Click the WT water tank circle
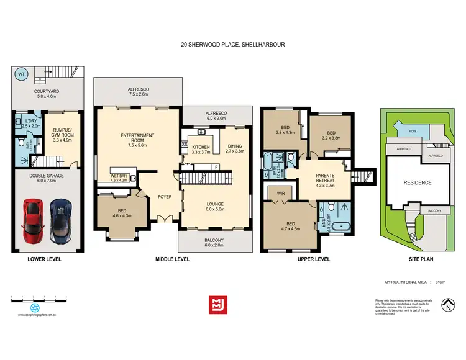[21, 75]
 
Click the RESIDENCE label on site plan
[418, 182]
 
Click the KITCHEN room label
[201, 148]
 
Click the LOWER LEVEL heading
[44, 258]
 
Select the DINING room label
[234, 148]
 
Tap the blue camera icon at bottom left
[35, 307]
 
